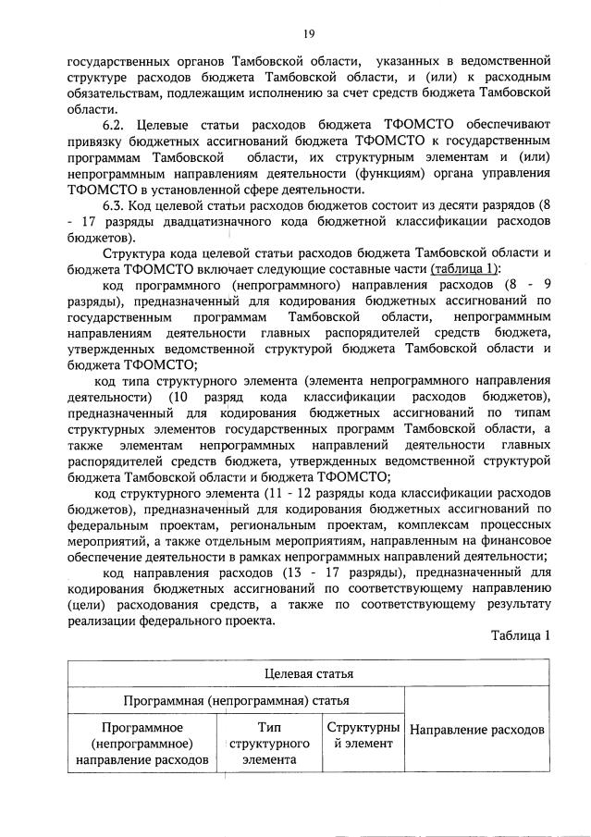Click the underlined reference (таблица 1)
(458, 268)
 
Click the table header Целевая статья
(308, 673)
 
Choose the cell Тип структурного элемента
(268, 744)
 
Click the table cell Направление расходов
(476, 730)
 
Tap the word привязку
(97, 141)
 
